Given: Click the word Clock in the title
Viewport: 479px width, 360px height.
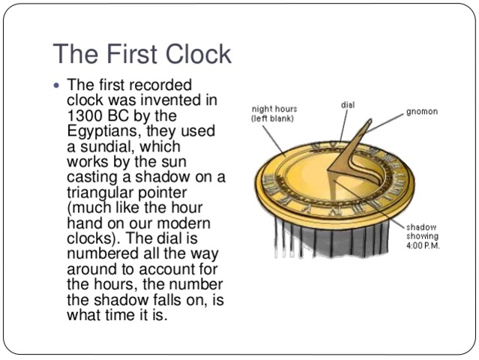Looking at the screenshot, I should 197,54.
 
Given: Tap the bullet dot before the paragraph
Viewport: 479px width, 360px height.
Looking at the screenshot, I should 57,84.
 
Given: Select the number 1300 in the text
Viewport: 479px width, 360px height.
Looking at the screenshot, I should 85,116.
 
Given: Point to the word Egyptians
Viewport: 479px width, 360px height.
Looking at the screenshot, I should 103,131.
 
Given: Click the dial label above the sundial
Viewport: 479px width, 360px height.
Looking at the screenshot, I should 348,105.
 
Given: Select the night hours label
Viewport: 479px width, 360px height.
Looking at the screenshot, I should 273,114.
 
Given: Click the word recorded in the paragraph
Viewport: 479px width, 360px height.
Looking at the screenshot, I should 160,86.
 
